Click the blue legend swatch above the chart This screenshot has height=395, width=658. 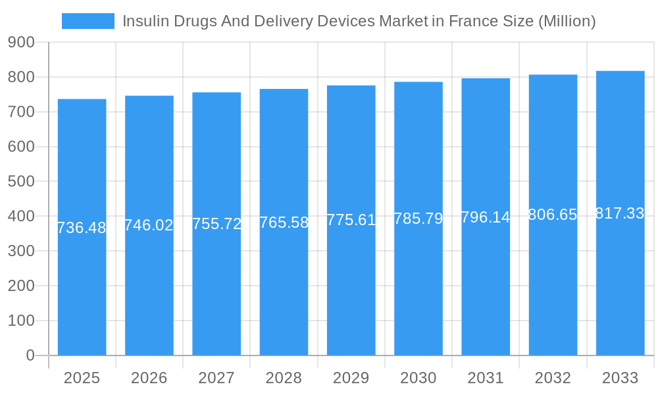(88, 21)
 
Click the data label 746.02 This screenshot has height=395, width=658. (149, 225)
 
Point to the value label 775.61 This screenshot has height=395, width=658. (351, 220)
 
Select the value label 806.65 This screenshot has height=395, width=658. (553, 215)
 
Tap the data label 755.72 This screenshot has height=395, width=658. (216, 224)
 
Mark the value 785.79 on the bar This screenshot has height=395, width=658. (418, 219)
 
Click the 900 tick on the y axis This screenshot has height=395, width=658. (21, 43)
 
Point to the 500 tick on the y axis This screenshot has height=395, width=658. (21, 182)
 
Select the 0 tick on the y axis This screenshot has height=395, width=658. (30, 355)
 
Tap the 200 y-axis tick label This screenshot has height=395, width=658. (21, 286)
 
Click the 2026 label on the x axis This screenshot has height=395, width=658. (149, 378)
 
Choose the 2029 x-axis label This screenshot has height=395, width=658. (351, 378)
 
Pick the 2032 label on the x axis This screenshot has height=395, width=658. (553, 378)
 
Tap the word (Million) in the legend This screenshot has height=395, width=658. (567, 21)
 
